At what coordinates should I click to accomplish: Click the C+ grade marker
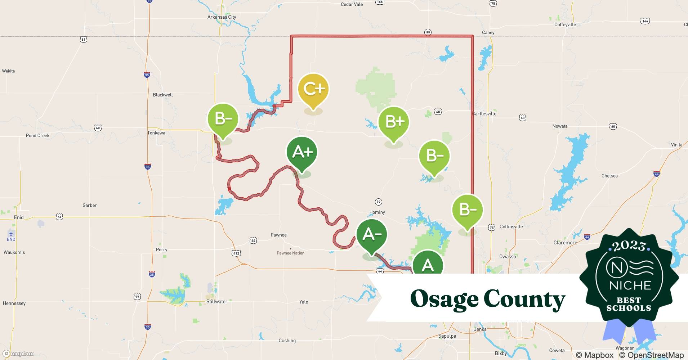[313, 89]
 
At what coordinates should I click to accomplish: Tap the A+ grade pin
[302, 153]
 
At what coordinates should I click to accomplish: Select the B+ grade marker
[394, 122]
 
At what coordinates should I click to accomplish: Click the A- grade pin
[371, 235]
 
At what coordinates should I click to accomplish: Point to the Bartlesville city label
[484, 114]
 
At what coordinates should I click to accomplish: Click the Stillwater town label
[216, 302]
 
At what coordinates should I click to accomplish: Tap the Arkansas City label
[222, 17]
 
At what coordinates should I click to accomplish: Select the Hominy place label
[377, 212]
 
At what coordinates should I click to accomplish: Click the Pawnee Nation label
[290, 253]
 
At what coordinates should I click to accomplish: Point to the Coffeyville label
[565, 25]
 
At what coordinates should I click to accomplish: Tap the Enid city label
[19, 217]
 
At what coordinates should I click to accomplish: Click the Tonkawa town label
[156, 133]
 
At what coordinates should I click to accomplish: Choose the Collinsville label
[511, 227]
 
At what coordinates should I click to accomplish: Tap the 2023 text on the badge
[629, 246]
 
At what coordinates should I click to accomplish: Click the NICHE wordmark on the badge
[630, 285]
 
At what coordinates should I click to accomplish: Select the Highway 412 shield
[236, 253]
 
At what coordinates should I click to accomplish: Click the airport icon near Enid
[11, 234]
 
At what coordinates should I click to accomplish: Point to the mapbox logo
[18, 354]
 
